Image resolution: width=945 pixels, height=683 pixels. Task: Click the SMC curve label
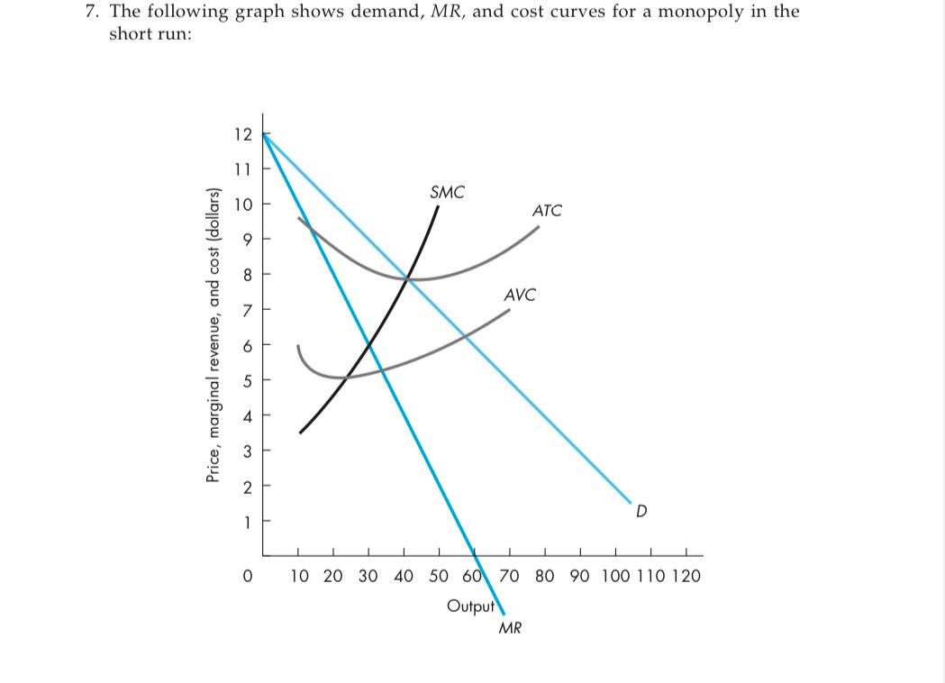click(x=448, y=192)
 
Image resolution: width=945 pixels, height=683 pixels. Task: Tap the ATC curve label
click(x=547, y=211)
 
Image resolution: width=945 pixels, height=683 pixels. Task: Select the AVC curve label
click(x=520, y=295)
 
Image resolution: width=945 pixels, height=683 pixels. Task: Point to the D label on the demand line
click(x=641, y=512)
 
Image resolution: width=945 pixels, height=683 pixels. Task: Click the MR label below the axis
click(x=510, y=628)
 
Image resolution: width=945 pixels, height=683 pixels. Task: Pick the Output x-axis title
click(x=471, y=605)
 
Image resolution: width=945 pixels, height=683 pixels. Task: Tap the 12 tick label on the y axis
click(x=242, y=134)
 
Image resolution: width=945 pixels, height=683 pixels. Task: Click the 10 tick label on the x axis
click(x=300, y=576)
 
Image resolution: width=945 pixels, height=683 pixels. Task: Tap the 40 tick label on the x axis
click(x=404, y=576)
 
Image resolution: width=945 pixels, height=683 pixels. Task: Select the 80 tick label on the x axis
click(x=544, y=576)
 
